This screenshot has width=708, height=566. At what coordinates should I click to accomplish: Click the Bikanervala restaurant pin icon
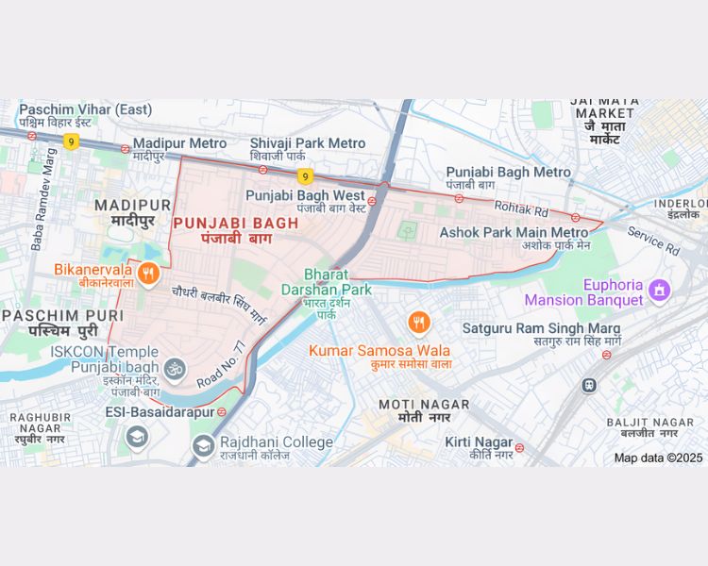[147, 275]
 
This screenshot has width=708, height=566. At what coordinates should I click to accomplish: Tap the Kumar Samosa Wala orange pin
[419, 324]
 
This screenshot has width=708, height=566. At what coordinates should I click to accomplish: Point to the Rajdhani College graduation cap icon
[203, 444]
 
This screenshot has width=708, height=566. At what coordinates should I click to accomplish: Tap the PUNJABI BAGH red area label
[235, 224]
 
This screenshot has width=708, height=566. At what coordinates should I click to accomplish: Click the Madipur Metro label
[179, 143]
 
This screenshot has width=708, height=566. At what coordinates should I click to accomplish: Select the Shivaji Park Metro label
[307, 143]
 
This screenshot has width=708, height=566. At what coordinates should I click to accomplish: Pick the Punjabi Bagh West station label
[305, 195]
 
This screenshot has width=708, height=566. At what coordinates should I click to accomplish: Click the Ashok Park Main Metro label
[514, 232]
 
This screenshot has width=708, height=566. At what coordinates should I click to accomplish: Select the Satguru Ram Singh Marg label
[541, 328]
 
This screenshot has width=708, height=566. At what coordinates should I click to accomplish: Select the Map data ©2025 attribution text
[658, 458]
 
